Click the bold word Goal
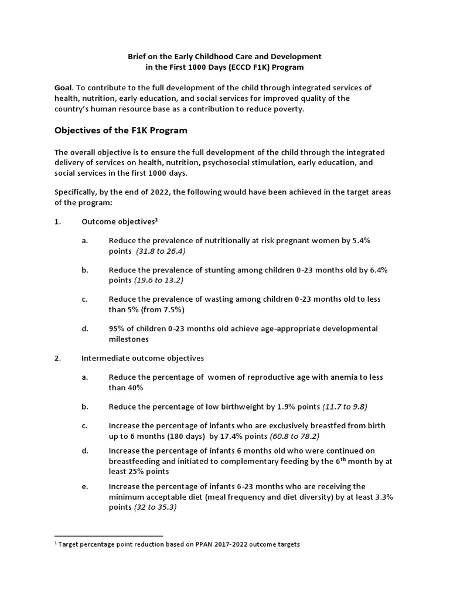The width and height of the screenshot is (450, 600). coord(64,87)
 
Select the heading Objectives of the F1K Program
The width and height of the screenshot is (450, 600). coord(121,129)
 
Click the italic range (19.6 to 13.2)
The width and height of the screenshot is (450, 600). coord(159,280)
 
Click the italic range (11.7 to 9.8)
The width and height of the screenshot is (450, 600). coord(345,407)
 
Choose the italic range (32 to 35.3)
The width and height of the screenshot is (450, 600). coord(155,507)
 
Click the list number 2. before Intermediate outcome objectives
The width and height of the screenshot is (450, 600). coord(57,358)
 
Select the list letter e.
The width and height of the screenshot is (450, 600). coord(84,486)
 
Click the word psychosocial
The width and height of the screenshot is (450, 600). coord(220,163)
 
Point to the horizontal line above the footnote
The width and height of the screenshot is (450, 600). coord(108,536)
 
